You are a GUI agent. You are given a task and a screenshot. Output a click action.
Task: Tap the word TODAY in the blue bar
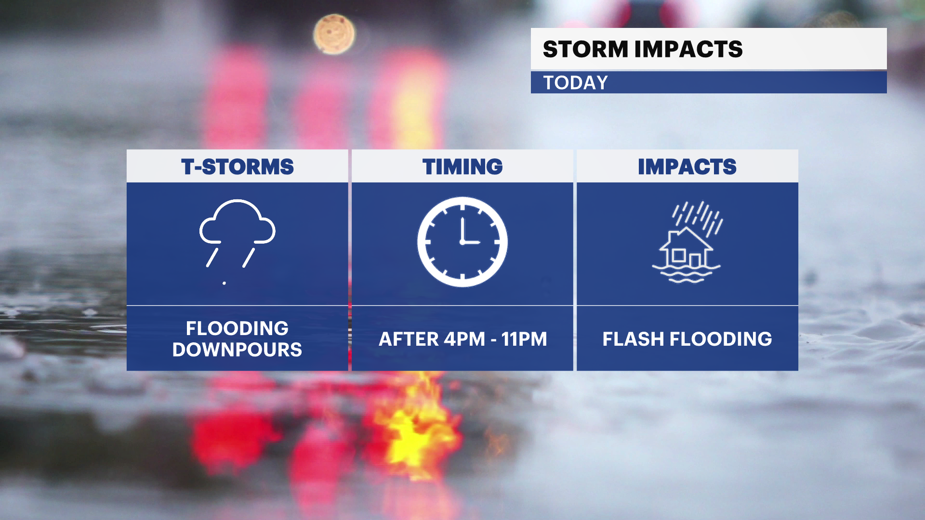[x=576, y=83]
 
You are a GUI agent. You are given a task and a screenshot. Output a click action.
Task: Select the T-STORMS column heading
[x=238, y=167]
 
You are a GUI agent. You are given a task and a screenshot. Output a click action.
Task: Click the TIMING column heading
[x=462, y=167]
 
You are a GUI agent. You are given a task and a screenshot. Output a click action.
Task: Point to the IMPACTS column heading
[x=687, y=167]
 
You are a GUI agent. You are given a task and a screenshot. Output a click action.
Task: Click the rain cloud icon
[x=237, y=233]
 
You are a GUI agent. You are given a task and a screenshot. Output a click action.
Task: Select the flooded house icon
[x=687, y=242]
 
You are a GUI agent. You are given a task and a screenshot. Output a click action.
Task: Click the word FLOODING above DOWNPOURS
[x=238, y=328]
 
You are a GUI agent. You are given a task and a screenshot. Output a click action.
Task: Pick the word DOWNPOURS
[x=238, y=350]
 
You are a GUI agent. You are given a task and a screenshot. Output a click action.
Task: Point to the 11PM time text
[x=524, y=339]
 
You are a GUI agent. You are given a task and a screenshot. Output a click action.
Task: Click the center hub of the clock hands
[x=462, y=242]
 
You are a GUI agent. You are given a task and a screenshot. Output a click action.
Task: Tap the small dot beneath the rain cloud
[x=224, y=283]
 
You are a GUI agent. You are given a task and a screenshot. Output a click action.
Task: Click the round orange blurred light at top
[x=334, y=34]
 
